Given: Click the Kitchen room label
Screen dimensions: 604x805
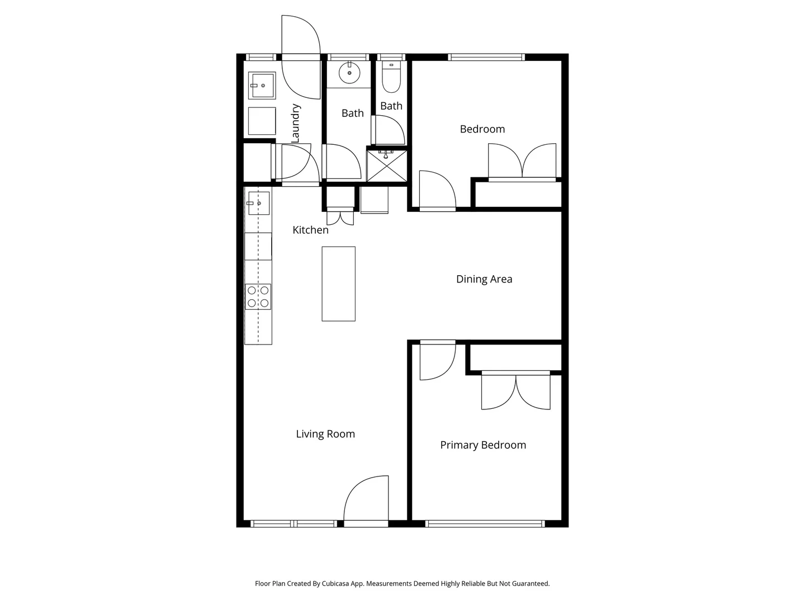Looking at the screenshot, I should [x=310, y=230].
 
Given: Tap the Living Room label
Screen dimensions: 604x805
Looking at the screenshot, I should [x=325, y=434].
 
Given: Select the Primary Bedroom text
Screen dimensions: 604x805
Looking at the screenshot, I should [x=483, y=445].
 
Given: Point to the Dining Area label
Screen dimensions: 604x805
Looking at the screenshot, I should [x=484, y=279].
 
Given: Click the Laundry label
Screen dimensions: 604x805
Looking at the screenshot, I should [x=296, y=123].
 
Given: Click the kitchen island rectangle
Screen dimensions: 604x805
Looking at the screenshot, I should [x=338, y=284].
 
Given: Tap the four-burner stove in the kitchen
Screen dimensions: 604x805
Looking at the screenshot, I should [x=258, y=296].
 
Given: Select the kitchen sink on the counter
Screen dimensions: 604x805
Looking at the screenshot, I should [x=258, y=203].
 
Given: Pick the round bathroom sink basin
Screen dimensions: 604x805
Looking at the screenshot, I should [x=349, y=73].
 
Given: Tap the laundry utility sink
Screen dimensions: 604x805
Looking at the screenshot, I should [x=262, y=86].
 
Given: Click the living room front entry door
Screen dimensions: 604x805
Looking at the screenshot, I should [x=366, y=499].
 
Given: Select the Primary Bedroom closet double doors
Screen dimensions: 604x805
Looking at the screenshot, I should [x=516, y=391].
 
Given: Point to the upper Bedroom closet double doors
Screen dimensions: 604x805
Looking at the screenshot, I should [x=522, y=161].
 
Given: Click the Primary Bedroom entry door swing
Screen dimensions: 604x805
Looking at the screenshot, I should [x=437, y=360].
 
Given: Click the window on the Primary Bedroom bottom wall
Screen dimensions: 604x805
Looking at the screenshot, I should [x=485, y=524].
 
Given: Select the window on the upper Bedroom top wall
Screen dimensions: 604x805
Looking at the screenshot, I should [x=486, y=57].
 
